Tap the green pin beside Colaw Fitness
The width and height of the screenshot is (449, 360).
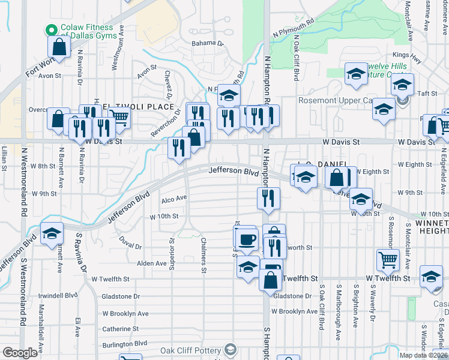coord(52,28)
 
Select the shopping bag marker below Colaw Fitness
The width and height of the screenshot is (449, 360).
coord(59,46)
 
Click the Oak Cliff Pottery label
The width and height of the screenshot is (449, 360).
coord(190,350)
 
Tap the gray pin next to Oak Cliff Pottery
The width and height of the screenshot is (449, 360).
coord(230,350)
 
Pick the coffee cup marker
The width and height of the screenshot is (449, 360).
coord(245,239)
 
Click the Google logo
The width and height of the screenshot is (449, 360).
coord(20,353)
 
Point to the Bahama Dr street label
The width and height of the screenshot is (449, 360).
coord(207,44)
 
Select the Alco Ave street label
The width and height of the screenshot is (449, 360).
coord(174,197)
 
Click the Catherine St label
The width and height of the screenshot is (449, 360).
coord(120,329)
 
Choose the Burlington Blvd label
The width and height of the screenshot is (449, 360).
coord(125,343)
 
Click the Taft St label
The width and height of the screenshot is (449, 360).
coord(427,94)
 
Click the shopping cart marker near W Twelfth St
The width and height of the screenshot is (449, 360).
coord(388,259)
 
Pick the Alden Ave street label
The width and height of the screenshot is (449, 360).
coord(152,263)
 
